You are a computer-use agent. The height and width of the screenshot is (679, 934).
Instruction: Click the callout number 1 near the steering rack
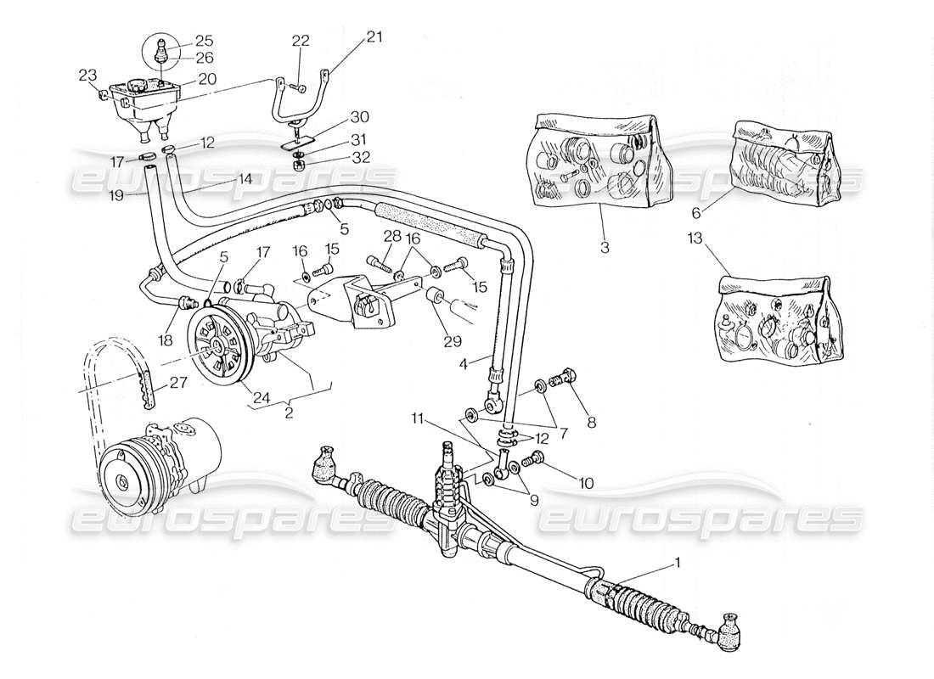tap(677, 561)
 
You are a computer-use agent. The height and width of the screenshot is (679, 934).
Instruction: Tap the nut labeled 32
tap(298, 165)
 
